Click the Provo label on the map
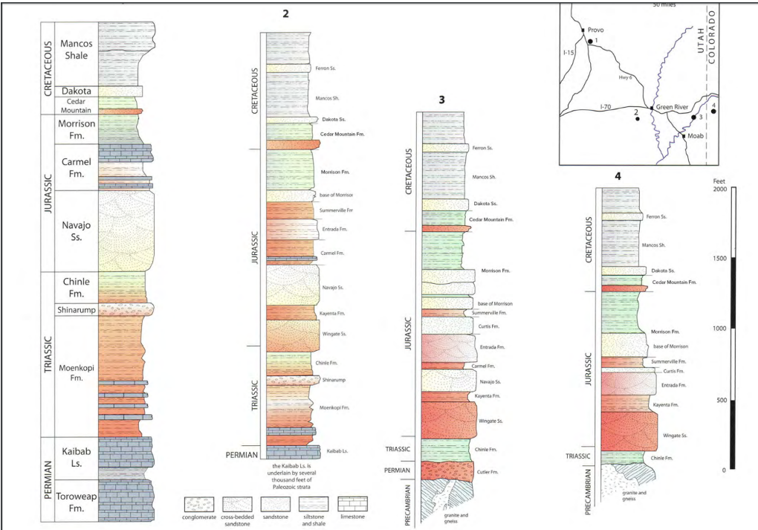(596, 30)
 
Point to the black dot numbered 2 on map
(637, 119)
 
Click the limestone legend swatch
(354, 502)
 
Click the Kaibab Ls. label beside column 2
(336, 452)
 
